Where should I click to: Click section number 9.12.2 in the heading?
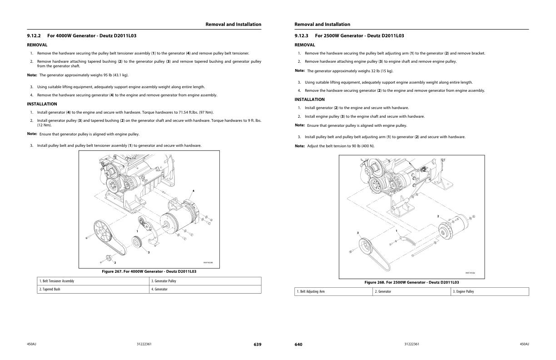pos(34,35)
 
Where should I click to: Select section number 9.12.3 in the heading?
pos(302,35)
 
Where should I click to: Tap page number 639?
pos(257,345)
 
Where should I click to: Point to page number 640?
pos(298,345)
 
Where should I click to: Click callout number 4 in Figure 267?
pos(193,190)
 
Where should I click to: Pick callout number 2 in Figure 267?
pos(115,262)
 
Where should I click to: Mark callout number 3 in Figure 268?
pos(357,233)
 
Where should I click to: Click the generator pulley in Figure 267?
pos(137,242)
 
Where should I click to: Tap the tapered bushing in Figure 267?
pos(109,258)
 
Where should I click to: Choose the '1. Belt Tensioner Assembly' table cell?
pos(93,281)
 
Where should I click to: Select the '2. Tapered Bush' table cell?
pos(93,289)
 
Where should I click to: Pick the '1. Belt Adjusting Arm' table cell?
pos(333,291)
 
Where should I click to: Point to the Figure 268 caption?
pos(412,282)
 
